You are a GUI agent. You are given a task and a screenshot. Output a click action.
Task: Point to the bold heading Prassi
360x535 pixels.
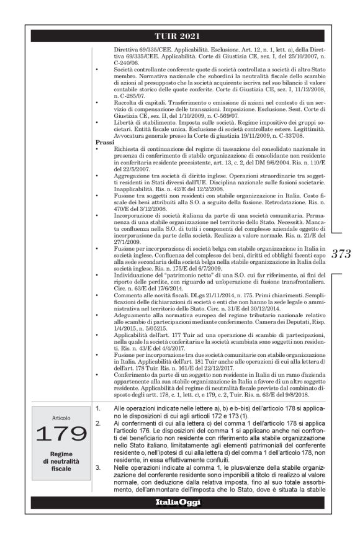pos(98,142)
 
